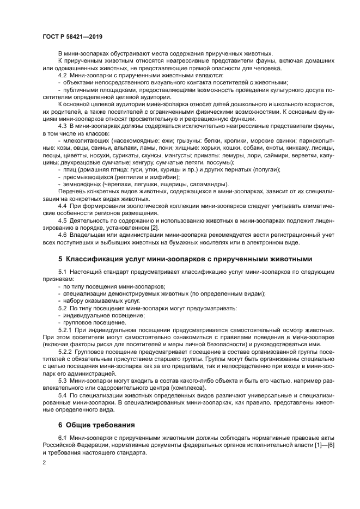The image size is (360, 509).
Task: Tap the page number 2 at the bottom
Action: pos(44,462)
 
